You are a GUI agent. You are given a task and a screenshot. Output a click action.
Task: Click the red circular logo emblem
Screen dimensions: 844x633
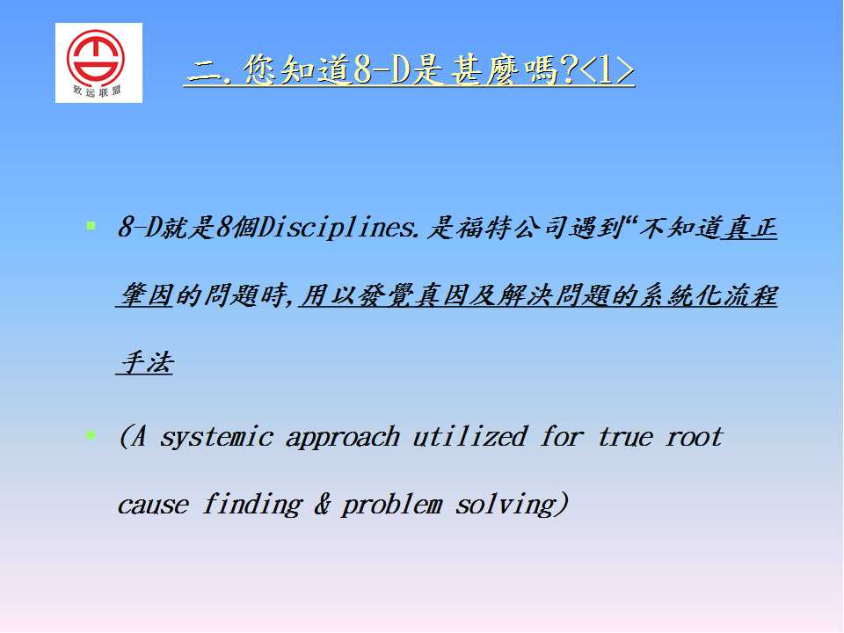[x=96, y=56]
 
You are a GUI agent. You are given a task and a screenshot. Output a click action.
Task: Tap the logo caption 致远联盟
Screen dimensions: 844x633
[x=97, y=91]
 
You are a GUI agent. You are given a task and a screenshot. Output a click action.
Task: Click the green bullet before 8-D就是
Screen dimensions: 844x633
[x=91, y=226]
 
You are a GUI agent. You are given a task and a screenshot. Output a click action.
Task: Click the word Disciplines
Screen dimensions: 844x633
[x=338, y=228]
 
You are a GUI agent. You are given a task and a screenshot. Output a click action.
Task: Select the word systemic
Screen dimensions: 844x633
[x=216, y=437]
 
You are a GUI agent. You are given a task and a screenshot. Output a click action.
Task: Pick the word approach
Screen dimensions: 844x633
[x=342, y=438]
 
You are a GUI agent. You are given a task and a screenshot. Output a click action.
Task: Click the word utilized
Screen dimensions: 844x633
[x=469, y=436]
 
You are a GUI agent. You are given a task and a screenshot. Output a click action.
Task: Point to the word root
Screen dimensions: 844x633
[x=695, y=437]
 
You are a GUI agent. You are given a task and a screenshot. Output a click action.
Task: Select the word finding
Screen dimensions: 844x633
[x=252, y=505]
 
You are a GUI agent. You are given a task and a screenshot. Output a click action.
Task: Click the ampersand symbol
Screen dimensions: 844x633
[x=322, y=504]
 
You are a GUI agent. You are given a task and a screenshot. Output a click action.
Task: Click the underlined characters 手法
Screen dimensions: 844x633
[x=146, y=362]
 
